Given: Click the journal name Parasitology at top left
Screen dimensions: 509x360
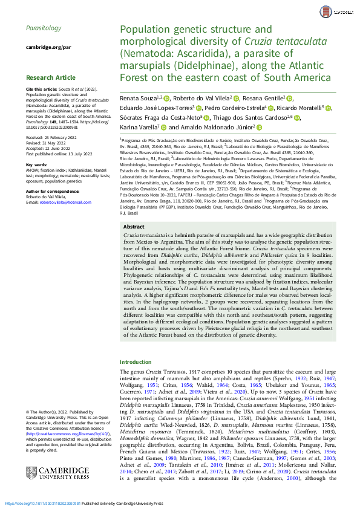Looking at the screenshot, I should [44, 28].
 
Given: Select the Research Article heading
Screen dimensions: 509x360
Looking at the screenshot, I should [51, 77].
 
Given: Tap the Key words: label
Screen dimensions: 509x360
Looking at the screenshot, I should [37, 164].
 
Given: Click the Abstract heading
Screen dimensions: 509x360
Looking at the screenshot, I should [134, 244].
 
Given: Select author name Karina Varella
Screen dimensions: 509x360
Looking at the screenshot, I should [139, 128].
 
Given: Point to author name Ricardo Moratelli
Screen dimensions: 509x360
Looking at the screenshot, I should [301, 108].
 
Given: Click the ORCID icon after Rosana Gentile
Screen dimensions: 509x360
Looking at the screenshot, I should [289, 99].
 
